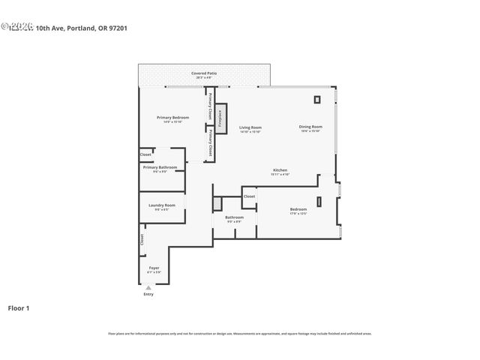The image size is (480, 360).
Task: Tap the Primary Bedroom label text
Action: (172, 118)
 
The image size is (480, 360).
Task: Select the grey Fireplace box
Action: (220, 118)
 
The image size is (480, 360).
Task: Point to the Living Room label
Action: (250, 128)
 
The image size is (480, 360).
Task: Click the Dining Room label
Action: (310, 127)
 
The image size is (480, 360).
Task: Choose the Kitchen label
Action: (280, 171)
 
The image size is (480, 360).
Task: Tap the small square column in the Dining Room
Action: (316, 98)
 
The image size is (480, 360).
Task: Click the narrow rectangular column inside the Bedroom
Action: (319, 200)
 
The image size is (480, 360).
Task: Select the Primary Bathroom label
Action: (160, 168)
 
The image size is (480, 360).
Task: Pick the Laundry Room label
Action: (161, 205)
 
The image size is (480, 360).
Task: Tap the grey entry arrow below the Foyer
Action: (148, 287)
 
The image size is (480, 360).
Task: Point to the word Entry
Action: (148, 294)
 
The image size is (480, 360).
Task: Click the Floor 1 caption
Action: (19, 307)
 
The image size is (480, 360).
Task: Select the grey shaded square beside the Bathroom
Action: (218, 203)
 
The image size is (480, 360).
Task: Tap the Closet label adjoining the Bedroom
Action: (249, 196)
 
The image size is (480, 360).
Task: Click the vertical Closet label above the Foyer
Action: (142, 239)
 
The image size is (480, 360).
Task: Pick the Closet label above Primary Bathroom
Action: (145, 154)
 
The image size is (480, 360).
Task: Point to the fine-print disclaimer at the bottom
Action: (240, 333)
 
